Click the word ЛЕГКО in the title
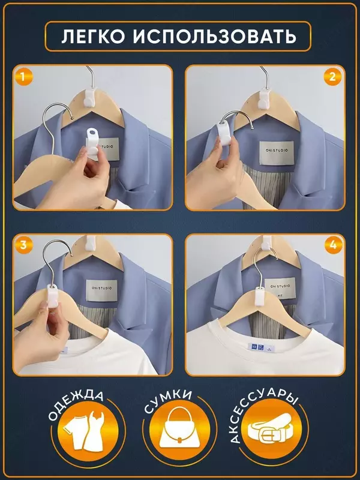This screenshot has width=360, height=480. click(93, 37)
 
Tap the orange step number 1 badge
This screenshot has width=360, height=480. click(23, 76)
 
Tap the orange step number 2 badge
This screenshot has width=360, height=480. click(333, 77)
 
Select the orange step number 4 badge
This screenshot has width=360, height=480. click(333, 245)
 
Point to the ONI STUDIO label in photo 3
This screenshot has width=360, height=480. click(101, 290)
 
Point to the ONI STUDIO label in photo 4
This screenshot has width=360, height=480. click(280, 288)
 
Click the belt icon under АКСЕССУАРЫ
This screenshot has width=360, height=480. click(271, 429)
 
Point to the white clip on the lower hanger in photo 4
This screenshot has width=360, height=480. click(260, 296)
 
